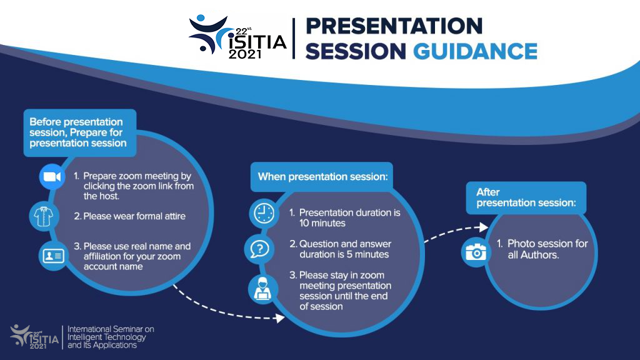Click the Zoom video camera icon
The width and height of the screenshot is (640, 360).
click(x=52, y=177)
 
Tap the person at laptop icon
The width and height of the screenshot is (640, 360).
click(x=261, y=287)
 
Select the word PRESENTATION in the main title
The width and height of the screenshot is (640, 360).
click(x=394, y=26)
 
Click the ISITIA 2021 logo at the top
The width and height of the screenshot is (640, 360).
click(x=237, y=37)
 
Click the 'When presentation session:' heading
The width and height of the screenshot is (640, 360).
click(x=322, y=177)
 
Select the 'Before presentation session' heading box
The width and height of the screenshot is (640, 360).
click(x=78, y=132)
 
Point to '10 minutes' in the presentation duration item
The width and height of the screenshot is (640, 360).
click(x=322, y=223)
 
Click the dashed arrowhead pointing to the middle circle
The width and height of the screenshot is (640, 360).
click(x=279, y=317)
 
